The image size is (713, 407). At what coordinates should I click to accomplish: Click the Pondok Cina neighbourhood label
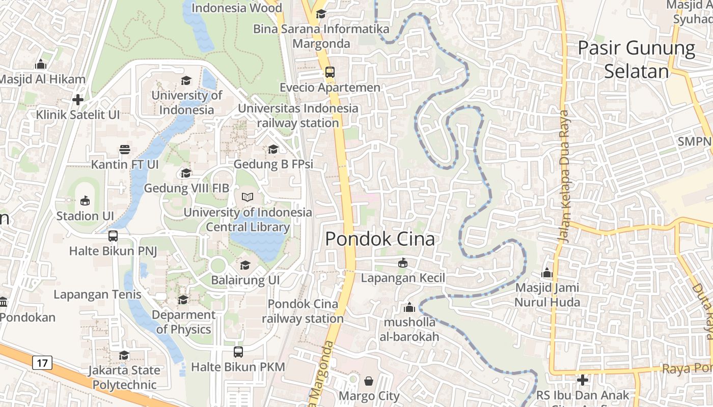pos(380,239)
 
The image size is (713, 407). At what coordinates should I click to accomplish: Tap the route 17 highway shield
pos(42,363)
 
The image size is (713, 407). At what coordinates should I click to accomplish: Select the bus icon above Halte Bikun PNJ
pos(113,236)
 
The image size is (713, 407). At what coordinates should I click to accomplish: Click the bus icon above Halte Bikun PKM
pos(238,352)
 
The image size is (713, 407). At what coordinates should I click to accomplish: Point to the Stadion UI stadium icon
pos(85,200)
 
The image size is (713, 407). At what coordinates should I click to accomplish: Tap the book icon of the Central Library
pos(248,197)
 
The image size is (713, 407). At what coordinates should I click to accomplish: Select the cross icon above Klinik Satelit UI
pos(77,99)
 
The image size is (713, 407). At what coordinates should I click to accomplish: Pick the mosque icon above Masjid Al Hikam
pos(41,64)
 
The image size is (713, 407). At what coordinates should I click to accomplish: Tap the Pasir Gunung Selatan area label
pos(636,60)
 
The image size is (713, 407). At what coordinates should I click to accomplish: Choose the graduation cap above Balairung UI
pos(245,265)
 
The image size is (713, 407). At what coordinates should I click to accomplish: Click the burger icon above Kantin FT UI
pos(125,149)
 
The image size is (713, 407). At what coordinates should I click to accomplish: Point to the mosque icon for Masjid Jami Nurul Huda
pos(547,273)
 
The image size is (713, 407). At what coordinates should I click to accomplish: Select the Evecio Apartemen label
pos(330,88)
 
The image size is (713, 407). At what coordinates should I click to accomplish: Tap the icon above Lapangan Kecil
pos(403,263)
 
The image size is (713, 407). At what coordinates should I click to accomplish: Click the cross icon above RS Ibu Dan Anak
pos(583,380)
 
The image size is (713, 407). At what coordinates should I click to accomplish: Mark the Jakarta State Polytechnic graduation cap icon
pos(124,355)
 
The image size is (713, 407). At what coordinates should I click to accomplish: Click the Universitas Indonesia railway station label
pos(298,115)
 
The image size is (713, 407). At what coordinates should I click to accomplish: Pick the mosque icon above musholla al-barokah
pos(409,307)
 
